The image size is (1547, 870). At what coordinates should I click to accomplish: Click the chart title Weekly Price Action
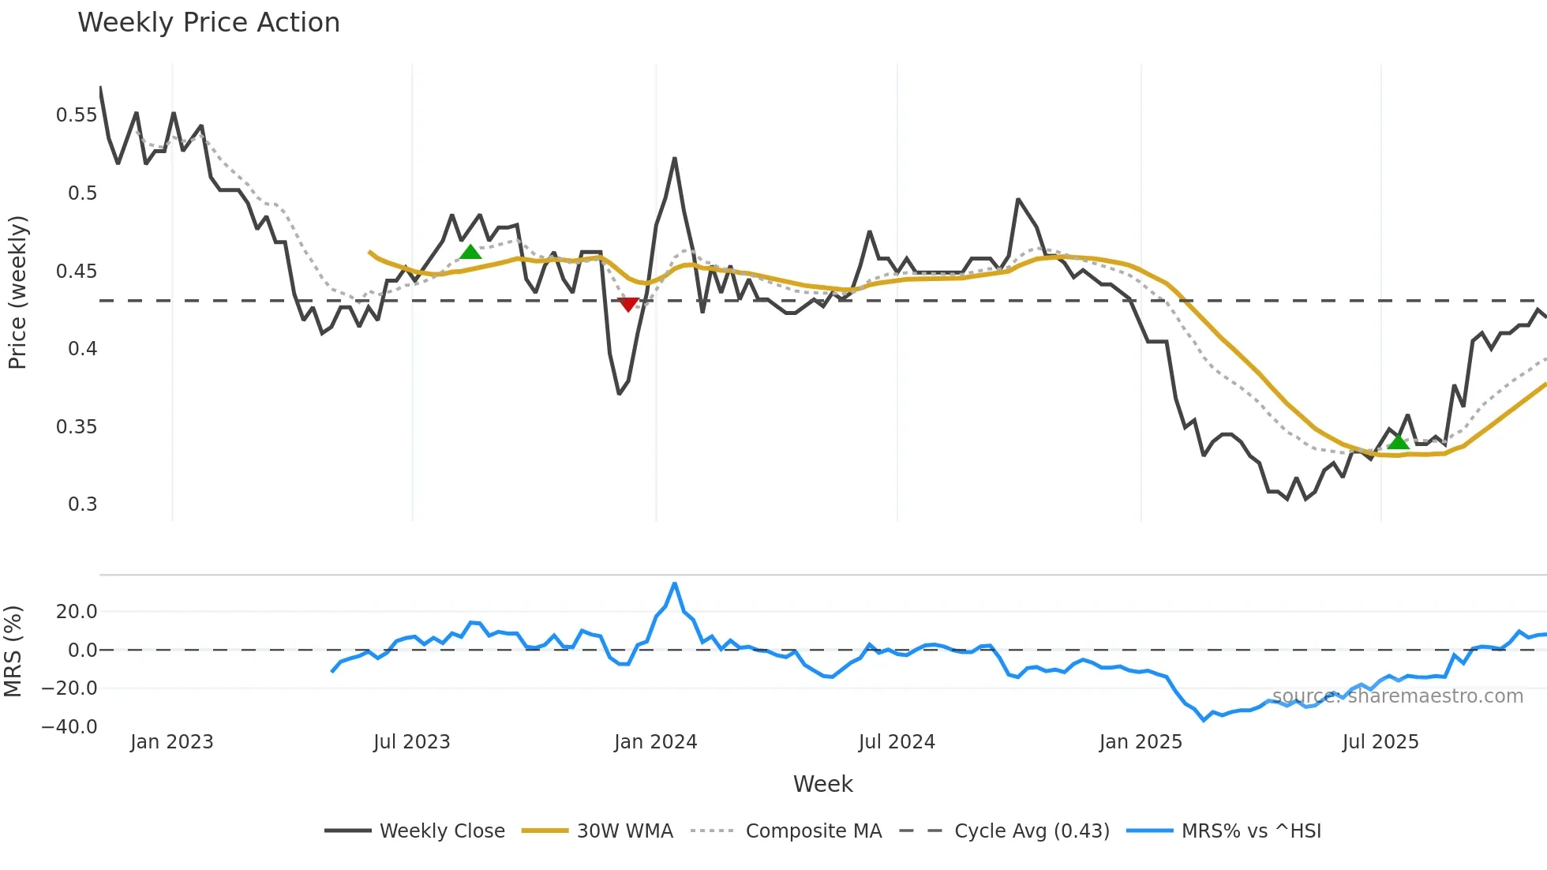208,23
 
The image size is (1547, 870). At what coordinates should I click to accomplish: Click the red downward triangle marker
628,305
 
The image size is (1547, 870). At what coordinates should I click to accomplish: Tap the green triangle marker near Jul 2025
1398,441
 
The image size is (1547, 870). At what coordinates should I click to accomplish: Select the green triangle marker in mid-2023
470,253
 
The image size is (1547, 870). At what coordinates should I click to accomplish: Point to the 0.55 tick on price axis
77,115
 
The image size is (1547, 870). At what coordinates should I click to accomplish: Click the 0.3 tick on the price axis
82,504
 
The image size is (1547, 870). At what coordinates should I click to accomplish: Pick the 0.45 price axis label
77,272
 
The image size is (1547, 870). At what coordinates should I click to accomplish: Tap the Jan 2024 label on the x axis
655,742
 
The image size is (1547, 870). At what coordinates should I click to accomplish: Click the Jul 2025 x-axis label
1380,742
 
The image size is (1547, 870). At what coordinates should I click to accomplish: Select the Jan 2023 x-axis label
171,742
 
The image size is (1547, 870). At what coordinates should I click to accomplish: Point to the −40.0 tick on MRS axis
69,727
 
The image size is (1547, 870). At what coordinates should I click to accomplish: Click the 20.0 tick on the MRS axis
77,612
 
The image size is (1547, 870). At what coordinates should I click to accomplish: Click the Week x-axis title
822,784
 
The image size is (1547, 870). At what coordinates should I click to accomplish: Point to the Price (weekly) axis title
17,292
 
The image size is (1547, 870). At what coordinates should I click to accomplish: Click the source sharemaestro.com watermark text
1397,696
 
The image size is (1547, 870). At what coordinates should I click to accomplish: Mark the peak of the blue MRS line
674,583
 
